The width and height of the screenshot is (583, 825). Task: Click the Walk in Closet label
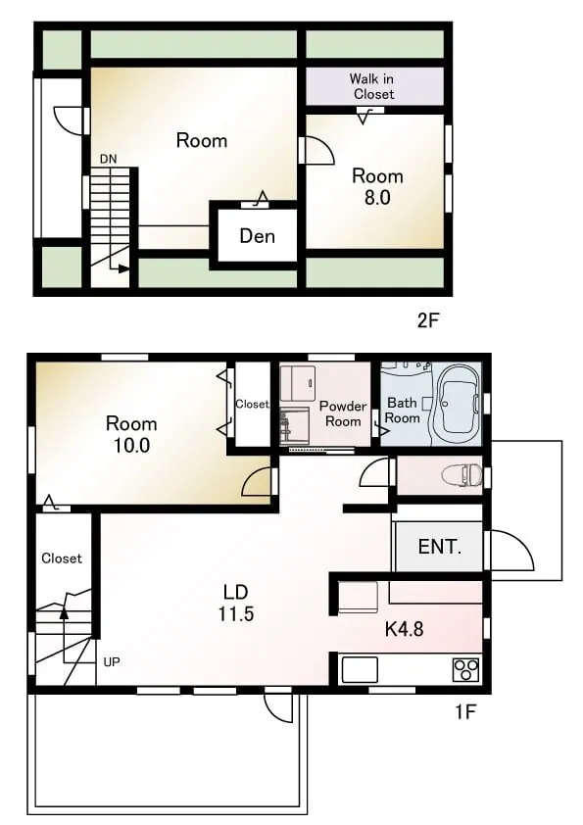tap(372, 87)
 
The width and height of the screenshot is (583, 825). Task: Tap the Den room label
tap(258, 236)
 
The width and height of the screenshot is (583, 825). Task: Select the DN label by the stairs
tap(109, 159)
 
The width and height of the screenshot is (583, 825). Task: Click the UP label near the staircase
tap(112, 662)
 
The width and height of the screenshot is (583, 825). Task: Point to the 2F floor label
tap(428, 320)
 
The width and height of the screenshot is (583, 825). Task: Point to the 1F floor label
tap(465, 712)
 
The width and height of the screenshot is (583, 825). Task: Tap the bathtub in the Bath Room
tap(456, 404)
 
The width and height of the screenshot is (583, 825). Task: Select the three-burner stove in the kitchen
tap(466, 670)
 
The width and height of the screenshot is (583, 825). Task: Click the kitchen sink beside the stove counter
tap(360, 670)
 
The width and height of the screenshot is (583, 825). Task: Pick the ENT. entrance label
tap(440, 547)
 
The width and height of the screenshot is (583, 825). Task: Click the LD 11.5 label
tap(236, 603)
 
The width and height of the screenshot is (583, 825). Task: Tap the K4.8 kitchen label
tap(404, 629)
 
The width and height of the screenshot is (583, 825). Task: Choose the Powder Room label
tap(343, 413)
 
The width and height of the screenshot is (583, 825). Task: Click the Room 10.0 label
tap(131, 435)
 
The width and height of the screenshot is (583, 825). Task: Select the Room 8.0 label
tap(378, 187)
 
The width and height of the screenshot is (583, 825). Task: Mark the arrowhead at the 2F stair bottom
tap(124, 268)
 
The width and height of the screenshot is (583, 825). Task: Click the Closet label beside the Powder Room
tap(252, 404)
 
